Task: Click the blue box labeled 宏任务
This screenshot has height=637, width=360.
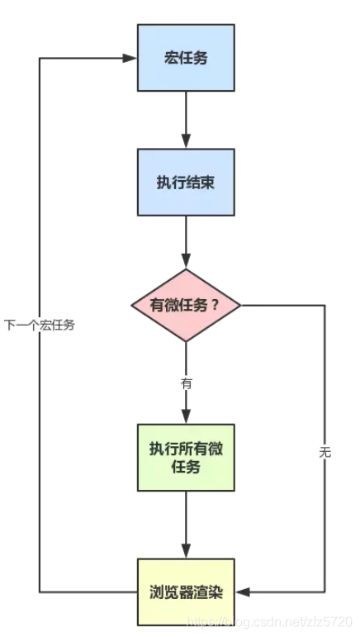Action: (x=186, y=58)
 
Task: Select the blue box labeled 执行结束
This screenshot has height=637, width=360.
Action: (x=186, y=182)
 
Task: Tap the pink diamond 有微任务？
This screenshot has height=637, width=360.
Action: (x=186, y=305)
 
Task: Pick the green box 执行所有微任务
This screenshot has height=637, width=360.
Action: (x=186, y=458)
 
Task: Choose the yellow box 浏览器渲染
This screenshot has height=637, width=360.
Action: (x=186, y=592)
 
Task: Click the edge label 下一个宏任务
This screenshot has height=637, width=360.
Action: (x=40, y=325)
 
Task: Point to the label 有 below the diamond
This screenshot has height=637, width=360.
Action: (x=186, y=384)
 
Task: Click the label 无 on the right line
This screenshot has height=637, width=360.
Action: (x=324, y=452)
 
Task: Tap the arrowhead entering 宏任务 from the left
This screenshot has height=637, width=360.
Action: (x=130, y=58)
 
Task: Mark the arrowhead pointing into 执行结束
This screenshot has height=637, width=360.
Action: (x=186, y=141)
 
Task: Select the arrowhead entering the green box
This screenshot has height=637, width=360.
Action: (x=186, y=416)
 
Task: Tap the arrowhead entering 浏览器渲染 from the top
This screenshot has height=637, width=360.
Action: (x=186, y=551)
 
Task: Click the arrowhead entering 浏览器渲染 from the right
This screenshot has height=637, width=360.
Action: (x=242, y=592)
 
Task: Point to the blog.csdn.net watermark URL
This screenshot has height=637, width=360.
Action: (x=268, y=622)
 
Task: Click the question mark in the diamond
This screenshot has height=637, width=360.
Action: (x=216, y=305)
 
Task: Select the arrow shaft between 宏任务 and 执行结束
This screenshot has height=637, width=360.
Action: (x=186, y=113)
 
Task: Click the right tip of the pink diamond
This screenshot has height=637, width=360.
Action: (x=240, y=305)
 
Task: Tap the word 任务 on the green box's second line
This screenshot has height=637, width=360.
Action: (x=186, y=467)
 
